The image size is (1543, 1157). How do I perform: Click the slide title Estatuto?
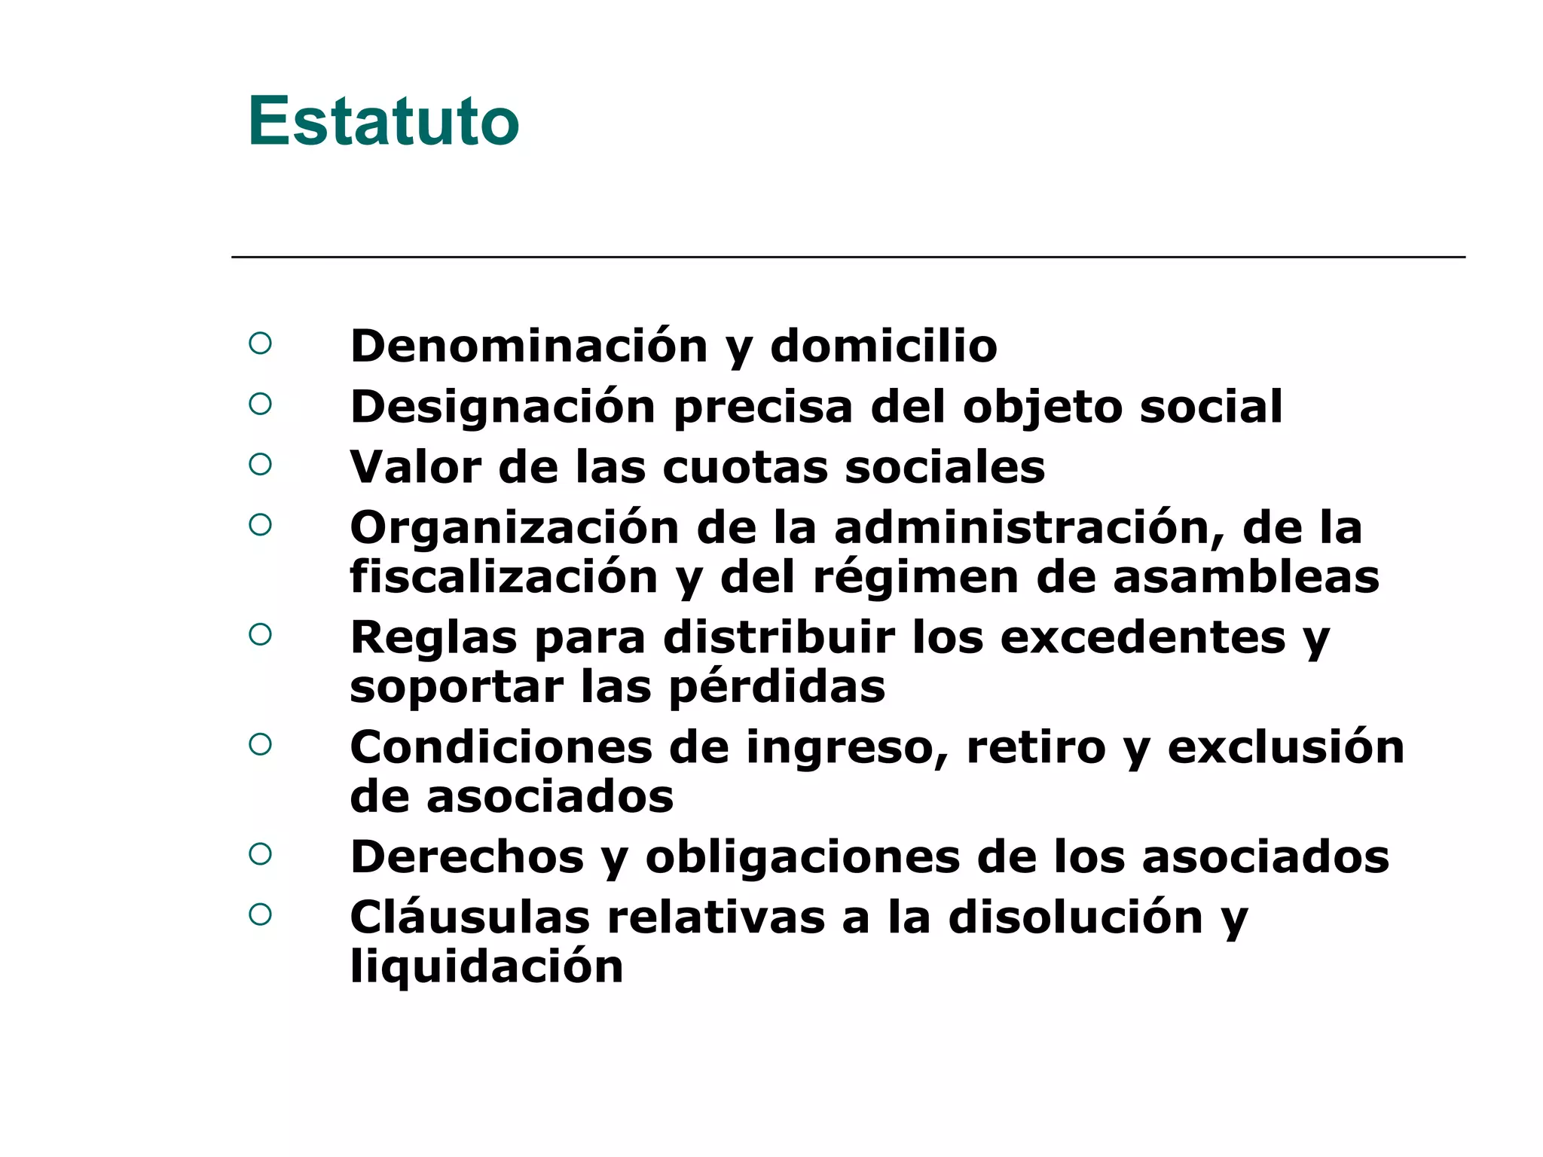point(383,121)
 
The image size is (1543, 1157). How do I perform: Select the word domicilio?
point(883,346)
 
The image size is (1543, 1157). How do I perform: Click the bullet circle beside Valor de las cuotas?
point(260,464)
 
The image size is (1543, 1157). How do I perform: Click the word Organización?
point(515,527)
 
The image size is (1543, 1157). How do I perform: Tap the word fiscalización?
point(504,577)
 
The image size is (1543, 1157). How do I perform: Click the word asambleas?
point(1245,577)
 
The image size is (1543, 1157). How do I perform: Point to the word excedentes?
point(1142,637)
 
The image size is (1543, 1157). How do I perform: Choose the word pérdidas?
point(777,687)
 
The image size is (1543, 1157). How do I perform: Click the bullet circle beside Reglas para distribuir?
point(260,634)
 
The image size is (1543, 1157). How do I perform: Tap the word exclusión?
point(1285,747)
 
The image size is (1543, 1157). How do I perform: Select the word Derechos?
point(467,857)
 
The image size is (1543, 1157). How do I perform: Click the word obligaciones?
point(802,857)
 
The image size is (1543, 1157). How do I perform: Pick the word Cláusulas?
point(470,917)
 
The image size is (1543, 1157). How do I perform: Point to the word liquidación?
point(487,966)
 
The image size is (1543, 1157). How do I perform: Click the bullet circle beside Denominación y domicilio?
point(260,343)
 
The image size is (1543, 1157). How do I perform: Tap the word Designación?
point(503,408)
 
